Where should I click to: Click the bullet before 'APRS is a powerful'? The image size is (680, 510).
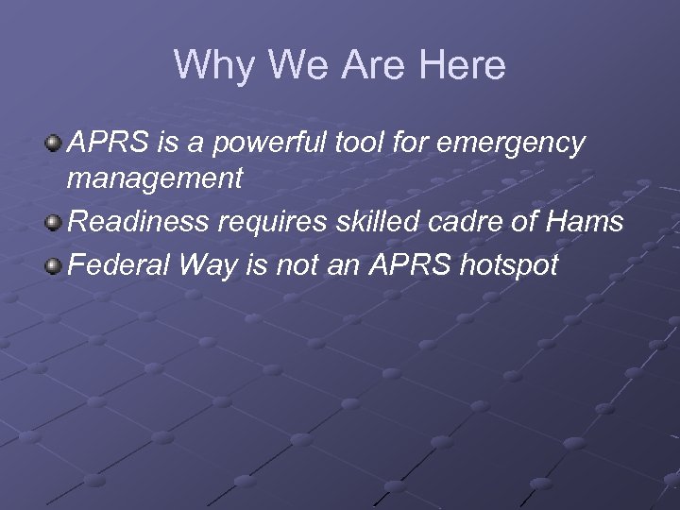coord(56,144)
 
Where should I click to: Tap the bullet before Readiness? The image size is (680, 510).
coord(56,223)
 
